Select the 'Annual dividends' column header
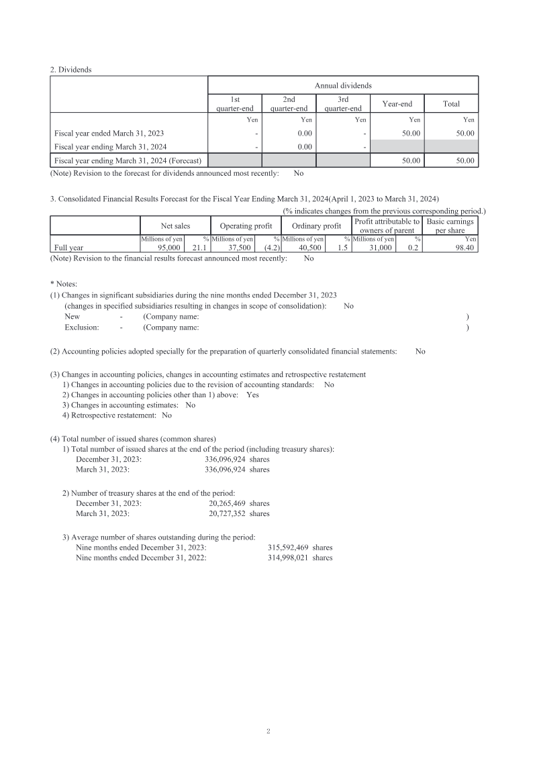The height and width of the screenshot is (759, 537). click(x=343, y=85)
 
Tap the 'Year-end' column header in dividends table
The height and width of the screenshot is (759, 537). click(x=397, y=103)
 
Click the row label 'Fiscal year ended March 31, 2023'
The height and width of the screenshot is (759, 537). click(x=109, y=134)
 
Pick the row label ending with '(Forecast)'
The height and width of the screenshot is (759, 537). click(x=128, y=160)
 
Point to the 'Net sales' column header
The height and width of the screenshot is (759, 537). click(x=175, y=226)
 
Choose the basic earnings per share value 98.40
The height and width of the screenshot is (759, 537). click(x=464, y=248)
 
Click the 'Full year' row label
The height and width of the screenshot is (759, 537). click(x=68, y=248)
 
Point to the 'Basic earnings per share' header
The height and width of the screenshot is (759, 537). click(x=450, y=226)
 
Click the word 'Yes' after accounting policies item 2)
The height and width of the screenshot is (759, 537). click(x=252, y=395)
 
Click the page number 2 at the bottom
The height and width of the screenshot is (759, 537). click(x=268, y=731)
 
